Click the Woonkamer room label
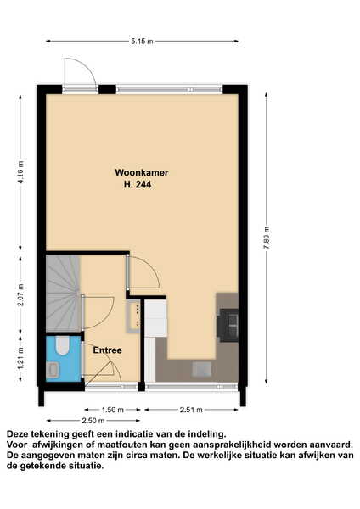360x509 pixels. [141, 172]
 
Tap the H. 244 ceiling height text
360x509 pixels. [138, 185]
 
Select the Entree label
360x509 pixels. [107, 350]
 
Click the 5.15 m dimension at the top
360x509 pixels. [142, 42]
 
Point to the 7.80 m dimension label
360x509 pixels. [267, 238]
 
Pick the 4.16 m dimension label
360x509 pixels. [20, 172]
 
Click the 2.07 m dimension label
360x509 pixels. [20, 294]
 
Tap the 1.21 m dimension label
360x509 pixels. [20, 358]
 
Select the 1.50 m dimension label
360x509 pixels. [113, 410]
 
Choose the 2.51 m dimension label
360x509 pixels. [191, 410]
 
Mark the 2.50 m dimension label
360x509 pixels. [93, 421]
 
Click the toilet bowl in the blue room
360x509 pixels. [62, 345]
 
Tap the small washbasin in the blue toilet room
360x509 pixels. [53, 370]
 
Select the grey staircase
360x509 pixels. [63, 294]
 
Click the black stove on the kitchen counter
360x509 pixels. [228, 325]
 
